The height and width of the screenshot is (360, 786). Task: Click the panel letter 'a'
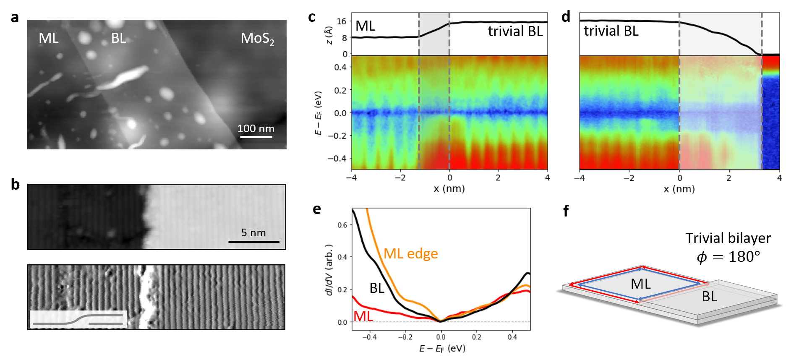coord(15,17)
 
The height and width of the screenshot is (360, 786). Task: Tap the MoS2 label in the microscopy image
coord(257,39)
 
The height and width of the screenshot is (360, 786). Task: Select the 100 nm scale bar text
coord(256,128)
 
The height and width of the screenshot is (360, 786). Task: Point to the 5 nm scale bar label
coord(253,232)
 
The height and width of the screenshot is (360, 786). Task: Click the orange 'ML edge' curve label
coord(410,253)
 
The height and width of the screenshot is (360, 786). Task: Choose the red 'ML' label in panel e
coord(363,316)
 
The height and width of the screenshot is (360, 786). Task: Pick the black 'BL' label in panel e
coord(376,288)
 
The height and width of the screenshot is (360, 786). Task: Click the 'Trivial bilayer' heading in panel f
coord(728,238)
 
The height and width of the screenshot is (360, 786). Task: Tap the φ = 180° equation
coord(728,256)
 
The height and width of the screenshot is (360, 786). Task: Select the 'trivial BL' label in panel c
coord(515,31)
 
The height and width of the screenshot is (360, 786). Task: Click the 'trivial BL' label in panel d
coord(611,31)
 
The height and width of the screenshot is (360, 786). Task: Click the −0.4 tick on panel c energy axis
coord(337,158)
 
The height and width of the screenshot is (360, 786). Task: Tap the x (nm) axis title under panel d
coord(679,189)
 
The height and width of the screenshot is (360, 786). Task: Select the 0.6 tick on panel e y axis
coord(342,225)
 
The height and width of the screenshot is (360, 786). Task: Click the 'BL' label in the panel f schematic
coord(709,297)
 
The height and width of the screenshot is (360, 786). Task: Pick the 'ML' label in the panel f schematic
coord(640,284)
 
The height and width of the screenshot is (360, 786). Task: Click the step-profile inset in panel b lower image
coord(78,319)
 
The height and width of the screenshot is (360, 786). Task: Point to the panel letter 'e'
coord(317,209)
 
